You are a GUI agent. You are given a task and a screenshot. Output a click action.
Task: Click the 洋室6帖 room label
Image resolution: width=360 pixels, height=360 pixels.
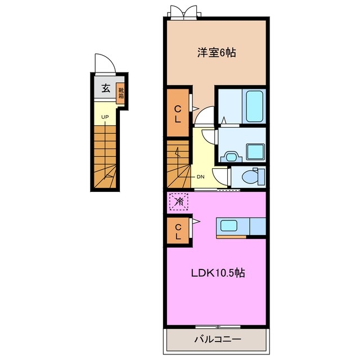(217, 53)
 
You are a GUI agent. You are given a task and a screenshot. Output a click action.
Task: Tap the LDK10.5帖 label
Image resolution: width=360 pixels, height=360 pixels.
(218, 273)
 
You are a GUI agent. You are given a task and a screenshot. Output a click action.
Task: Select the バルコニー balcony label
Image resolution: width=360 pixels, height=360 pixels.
(218, 339)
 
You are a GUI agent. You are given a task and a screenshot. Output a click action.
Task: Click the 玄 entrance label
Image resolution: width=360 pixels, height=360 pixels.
(106, 88)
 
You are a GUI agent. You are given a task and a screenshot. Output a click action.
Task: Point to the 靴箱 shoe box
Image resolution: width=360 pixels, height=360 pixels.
(121, 93)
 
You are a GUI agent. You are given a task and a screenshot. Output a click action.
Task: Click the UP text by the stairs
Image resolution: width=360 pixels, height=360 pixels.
(105, 117)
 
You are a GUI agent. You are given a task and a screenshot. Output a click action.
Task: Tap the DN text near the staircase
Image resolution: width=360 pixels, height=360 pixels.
(200, 177)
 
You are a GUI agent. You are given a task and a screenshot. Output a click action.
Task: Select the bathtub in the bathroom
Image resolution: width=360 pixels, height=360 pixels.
(254, 106)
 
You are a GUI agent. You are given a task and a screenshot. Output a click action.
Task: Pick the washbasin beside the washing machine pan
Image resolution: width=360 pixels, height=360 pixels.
(231, 157)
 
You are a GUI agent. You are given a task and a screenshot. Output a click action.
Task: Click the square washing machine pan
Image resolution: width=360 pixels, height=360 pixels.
(255, 152)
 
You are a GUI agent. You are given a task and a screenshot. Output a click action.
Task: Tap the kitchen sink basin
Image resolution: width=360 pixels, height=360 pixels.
(229, 226)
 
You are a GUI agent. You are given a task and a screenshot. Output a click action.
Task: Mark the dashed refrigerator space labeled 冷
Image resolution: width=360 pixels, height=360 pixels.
(179, 202)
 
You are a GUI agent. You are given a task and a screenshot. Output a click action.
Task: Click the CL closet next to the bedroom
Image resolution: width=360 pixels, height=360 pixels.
(178, 113)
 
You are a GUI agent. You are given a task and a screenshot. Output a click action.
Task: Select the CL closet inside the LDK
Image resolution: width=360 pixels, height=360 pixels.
(178, 231)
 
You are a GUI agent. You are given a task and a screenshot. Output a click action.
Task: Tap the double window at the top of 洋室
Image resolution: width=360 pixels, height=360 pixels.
(184, 11)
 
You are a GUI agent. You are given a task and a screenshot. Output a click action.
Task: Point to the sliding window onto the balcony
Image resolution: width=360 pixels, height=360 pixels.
(218, 327)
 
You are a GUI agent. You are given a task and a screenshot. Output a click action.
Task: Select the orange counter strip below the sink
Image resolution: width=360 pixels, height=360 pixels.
(231, 237)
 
